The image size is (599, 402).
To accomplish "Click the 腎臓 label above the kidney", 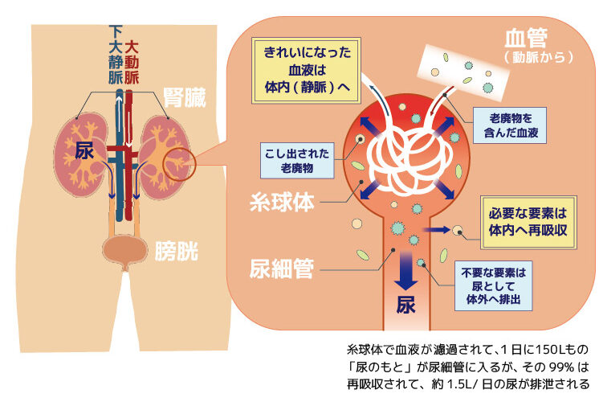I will [185, 98].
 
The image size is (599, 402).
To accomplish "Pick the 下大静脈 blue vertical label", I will [116, 55].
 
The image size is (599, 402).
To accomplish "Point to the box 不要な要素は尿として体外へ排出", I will [489, 285].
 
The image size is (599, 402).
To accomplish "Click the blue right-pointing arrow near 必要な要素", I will [438, 229].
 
